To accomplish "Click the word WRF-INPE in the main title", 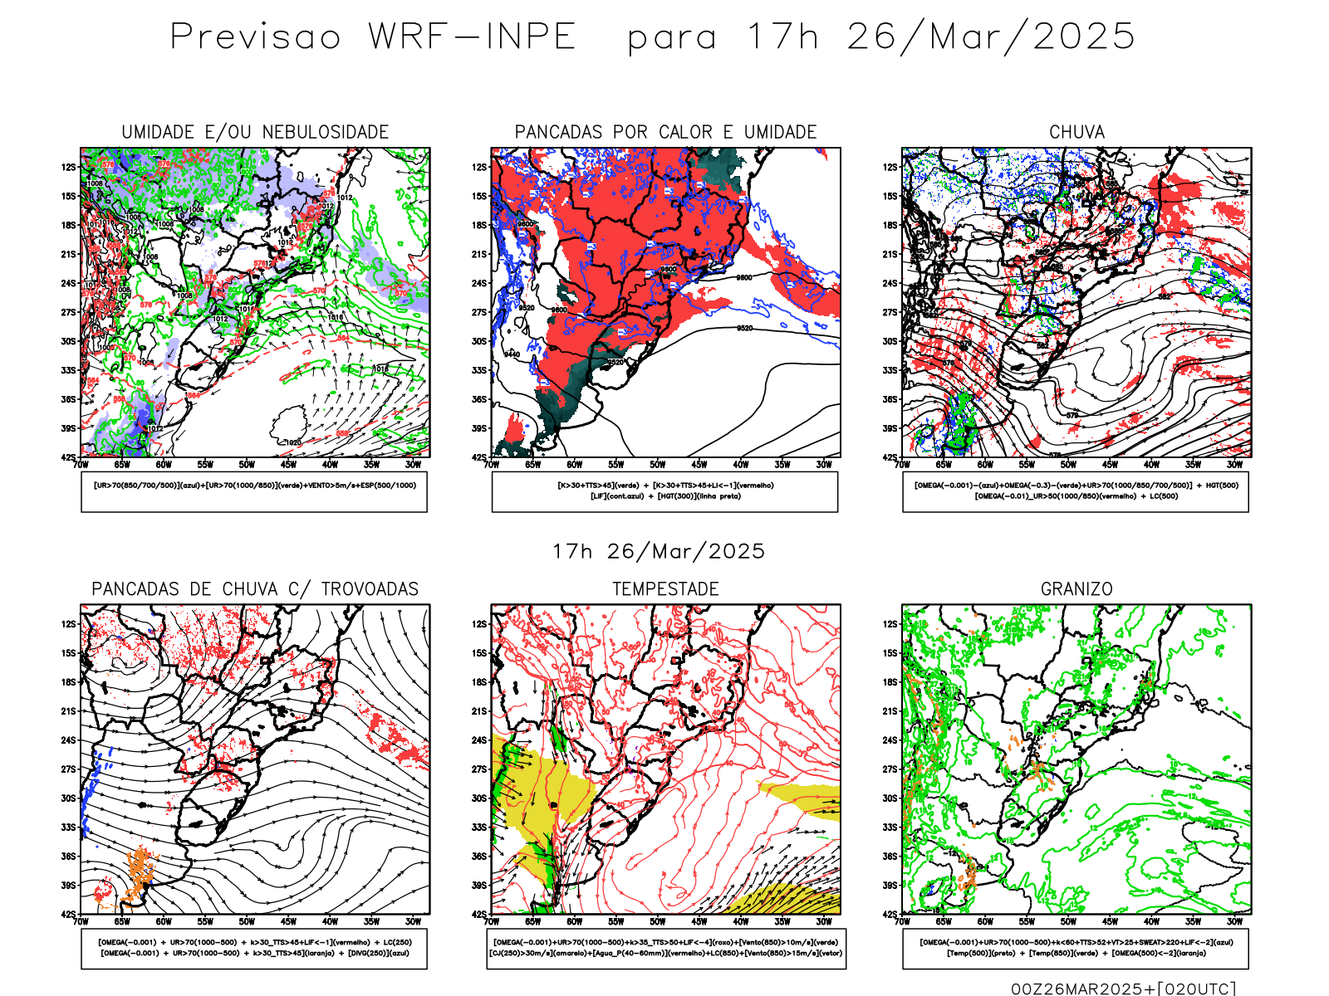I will coord(472,37).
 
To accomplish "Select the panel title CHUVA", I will coord(1076,132).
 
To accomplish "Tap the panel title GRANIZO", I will coord(1076,589).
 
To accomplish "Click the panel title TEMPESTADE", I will coord(665,589).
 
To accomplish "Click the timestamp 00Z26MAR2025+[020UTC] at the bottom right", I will coord(1123,989).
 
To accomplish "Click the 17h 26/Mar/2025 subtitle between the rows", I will coord(659,551).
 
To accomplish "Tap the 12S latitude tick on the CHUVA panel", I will coord(890,168).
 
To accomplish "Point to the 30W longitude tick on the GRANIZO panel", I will coord(1234,921).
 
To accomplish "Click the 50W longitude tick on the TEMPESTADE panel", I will coord(657,921).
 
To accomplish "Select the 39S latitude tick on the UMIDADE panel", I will coord(68,428).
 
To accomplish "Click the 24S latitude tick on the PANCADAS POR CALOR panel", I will coord(479,283).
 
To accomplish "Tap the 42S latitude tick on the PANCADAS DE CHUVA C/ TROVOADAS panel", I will coord(68,914).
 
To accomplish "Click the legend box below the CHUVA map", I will coord(1076,491).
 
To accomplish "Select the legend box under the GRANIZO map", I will coord(1076,948).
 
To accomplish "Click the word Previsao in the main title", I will coord(256,37).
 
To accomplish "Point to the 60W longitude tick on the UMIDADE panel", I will coord(164,465).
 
